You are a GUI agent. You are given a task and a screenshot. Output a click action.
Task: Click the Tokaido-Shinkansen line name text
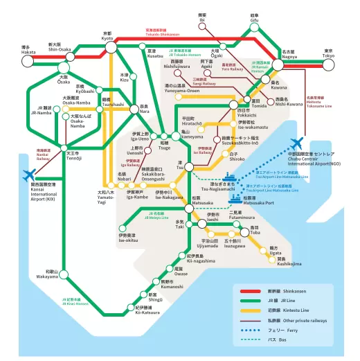coord(161,33)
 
